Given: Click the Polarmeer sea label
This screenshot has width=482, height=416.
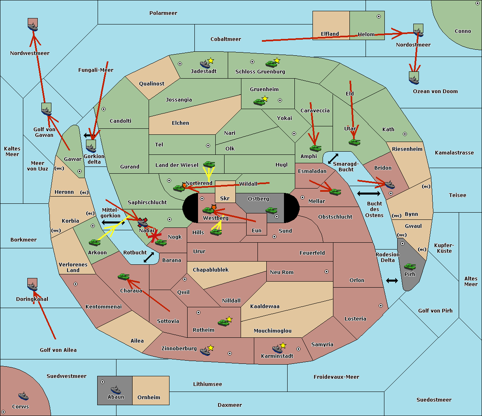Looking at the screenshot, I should [163, 13].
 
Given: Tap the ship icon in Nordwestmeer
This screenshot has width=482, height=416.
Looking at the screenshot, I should [33, 25].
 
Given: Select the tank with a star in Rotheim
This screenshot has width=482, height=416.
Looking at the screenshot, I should [224, 322].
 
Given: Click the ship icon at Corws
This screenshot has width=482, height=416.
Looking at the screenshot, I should [23, 396].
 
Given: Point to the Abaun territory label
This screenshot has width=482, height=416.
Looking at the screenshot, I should [116, 397].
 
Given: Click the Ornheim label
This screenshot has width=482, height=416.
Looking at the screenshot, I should [149, 398].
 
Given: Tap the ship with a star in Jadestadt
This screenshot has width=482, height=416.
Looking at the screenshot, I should [205, 64].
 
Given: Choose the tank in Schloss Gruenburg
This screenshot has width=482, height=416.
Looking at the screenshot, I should [272, 63].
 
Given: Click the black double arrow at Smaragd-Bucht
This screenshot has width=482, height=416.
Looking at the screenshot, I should [333, 158].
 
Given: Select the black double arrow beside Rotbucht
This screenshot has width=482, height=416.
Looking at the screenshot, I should [149, 258].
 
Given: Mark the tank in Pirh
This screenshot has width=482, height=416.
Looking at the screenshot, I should [410, 266].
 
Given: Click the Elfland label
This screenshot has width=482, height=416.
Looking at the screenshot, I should [330, 34].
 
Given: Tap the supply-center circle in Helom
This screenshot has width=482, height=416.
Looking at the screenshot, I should [378, 16].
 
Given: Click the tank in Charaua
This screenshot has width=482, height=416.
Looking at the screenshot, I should [124, 276].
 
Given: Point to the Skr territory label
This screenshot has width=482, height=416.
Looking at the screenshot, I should [225, 199].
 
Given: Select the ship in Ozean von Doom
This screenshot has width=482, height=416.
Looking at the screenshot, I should [414, 79].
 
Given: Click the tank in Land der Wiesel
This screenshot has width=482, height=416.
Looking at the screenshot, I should [209, 164].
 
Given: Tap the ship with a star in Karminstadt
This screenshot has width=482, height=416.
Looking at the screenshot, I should [278, 348].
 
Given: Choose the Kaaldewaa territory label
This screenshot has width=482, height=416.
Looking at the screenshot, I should [265, 306].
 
